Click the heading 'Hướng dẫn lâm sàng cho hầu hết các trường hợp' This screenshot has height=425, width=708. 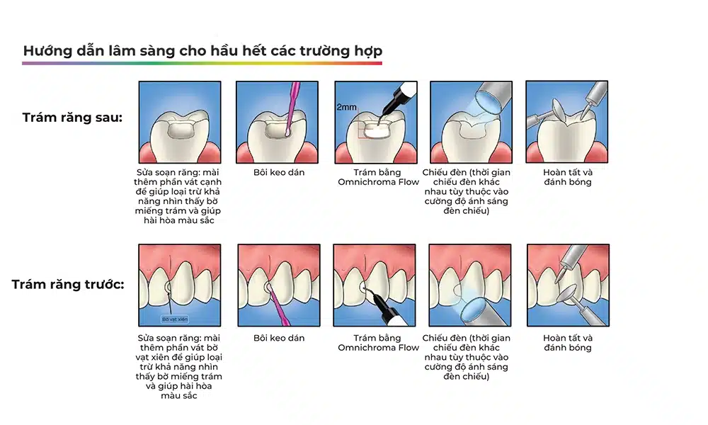click(202, 50)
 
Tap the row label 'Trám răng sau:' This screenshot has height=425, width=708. click(72, 118)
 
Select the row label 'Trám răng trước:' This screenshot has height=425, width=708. click(68, 285)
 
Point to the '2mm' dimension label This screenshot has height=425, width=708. click(346, 107)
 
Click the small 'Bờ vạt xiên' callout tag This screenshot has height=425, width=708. click(175, 319)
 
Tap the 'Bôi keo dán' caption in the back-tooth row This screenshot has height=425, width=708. click(279, 173)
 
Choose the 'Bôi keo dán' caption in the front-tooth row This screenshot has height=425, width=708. click(279, 339)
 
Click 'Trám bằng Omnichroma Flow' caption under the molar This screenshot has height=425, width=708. click(378, 177)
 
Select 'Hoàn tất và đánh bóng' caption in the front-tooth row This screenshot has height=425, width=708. click(568, 343)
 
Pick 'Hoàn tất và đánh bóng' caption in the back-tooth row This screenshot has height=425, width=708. click(568, 177)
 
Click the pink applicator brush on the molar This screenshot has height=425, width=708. click(292, 108)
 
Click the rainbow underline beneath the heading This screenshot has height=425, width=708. click(202, 63)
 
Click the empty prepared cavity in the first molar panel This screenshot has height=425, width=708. click(180, 130)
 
